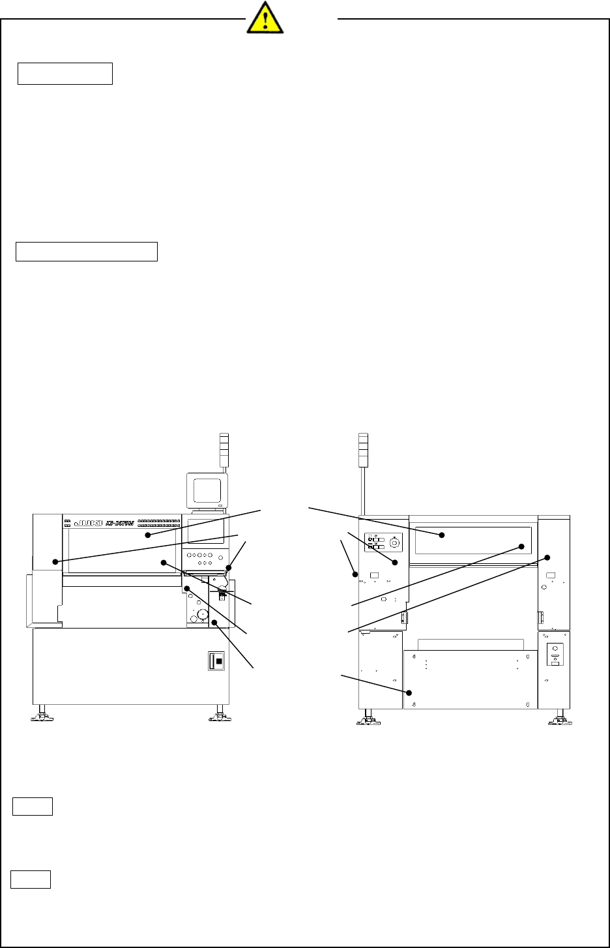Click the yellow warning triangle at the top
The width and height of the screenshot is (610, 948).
click(x=265, y=17)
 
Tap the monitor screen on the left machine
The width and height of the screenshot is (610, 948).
click(x=207, y=491)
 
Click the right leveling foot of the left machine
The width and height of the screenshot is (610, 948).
click(x=220, y=717)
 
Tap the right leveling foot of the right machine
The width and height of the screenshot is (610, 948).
click(x=559, y=720)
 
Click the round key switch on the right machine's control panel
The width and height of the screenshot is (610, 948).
click(x=394, y=542)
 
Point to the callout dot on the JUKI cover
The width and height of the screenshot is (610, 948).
click(x=148, y=535)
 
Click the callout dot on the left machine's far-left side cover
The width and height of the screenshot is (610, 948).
click(x=55, y=561)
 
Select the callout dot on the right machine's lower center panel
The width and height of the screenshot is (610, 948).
click(x=409, y=692)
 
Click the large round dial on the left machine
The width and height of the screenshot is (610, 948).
click(x=203, y=614)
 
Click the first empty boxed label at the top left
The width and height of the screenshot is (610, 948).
click(x=65, y=74)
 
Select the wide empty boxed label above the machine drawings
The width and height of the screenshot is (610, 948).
click(x=87, y=251)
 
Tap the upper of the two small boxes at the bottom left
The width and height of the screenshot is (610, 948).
click(x=33, y=807)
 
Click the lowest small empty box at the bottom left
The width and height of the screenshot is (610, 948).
click(x=31, y=880)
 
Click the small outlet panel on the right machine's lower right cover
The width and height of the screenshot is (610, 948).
click(x=555, y=654)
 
